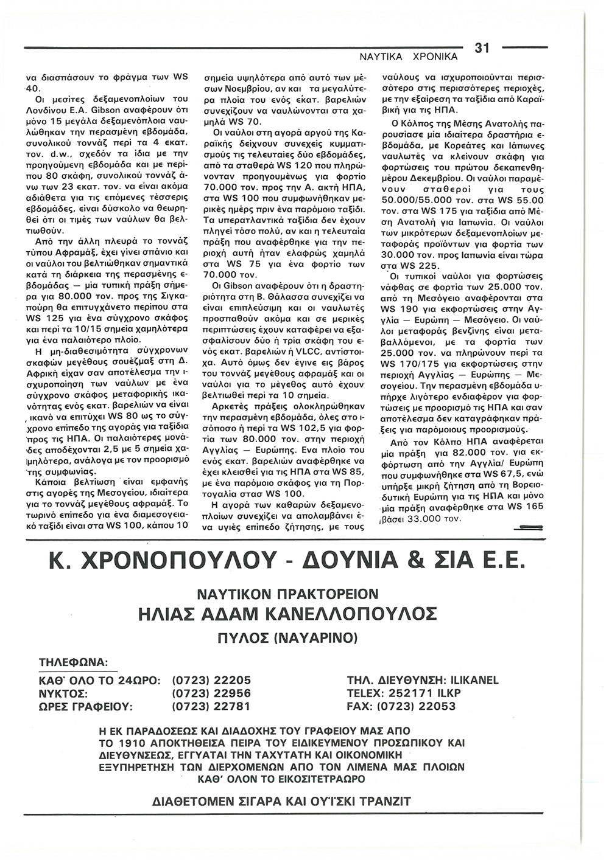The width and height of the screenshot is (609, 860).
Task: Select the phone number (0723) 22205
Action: click(x=211, y=680)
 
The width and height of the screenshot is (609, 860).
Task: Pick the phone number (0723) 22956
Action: click(x=211, y=693)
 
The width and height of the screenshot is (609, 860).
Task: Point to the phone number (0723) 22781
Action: click(x=211, y=707)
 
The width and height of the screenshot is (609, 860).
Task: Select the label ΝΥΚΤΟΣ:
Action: click(x=63, y=693)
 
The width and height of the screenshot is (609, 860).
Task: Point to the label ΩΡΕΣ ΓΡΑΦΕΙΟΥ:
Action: click(x=86, y=707)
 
